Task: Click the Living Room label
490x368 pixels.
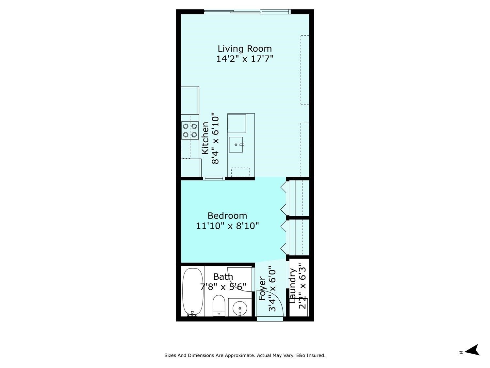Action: pyautogui.click(x=245, y=49)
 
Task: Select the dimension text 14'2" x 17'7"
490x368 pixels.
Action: pyautogui.click(x=245, y=59)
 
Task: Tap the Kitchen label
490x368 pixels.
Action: pyautogui.click(x=205, y=138)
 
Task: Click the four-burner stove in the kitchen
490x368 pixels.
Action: pyautogui.click(x=190, y=130)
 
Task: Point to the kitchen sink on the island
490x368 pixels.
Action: pyautogui.click(x=236, y=145)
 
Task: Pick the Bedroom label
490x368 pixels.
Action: pyautogui.click(x=227, y=216)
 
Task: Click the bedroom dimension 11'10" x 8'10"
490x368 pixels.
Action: pyautogui.click(x=227, y=226)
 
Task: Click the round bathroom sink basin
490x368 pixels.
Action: pyautogui.click(x=240, y=308)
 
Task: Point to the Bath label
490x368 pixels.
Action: pyautogui.click(x=223, y=277)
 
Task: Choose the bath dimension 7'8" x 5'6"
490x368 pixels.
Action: pyautogui.click(x=223, y=287)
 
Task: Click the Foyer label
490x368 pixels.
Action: pyautogui.click(x=262, y=289)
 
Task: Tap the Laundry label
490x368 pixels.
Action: pyautogui.click(x=293, y=286)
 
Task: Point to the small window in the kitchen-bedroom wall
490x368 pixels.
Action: pyautogui.click(x=214, y=178)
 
